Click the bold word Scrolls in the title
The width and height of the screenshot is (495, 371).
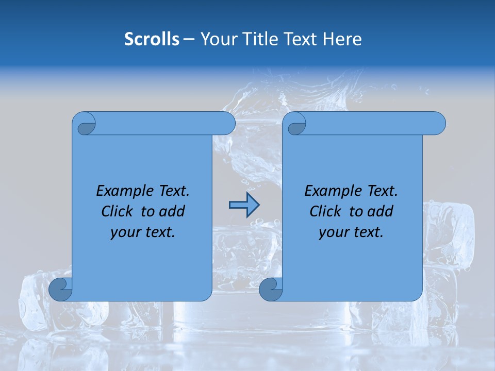152,39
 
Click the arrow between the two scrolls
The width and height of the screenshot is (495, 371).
244,205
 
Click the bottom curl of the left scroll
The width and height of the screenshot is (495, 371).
61,289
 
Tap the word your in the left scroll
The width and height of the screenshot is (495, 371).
125,232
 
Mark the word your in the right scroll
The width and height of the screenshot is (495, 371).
334,232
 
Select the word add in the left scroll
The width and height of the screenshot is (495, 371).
173,211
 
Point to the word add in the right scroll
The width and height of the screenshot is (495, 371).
381,211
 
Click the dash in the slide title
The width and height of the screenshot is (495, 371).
189,39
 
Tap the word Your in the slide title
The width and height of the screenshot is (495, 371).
217,39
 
